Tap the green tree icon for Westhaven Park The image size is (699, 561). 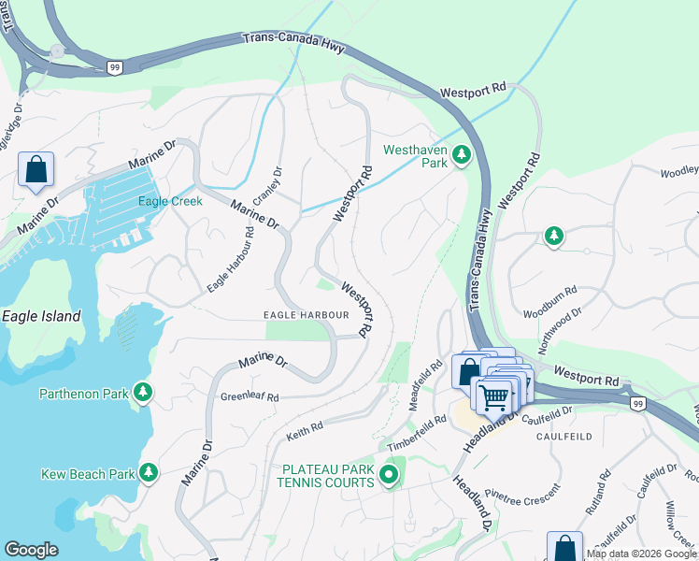[461, 155]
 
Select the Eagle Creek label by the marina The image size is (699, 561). [170, 201]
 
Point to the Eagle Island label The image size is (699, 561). [40, 316]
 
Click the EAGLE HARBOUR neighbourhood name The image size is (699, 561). [306, 315]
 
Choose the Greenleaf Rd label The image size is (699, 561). [250, 396]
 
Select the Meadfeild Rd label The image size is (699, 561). [425, 385]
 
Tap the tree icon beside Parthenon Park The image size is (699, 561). [143, 391]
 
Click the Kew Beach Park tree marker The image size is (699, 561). [148, 472]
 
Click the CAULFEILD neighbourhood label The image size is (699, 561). [562, 437]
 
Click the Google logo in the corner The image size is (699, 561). [31, 550]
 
